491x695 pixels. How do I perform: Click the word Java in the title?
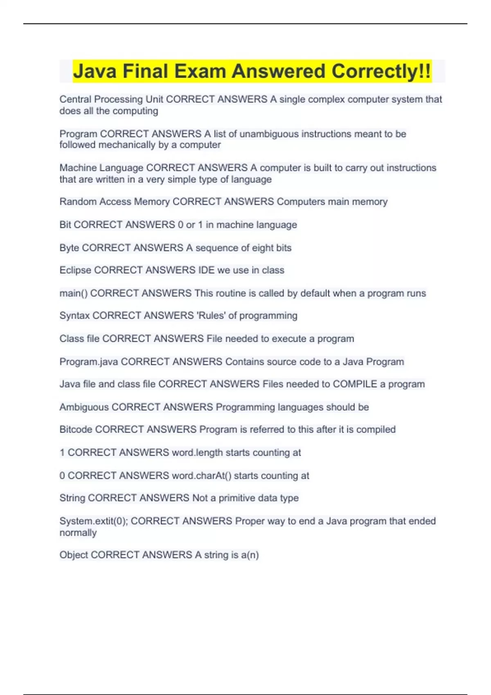point(95,71)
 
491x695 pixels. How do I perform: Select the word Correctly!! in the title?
point(381,71)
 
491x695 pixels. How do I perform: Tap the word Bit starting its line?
point(65,224)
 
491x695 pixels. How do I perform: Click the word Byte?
point(69,248)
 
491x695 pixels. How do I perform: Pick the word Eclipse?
point(75,270)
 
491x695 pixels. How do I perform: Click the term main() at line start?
point(73,293)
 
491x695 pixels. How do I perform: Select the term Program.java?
point(89,361)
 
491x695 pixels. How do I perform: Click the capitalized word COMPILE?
point(355,384)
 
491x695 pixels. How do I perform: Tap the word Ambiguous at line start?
point(84,407)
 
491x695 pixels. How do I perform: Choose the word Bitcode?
point(76,429)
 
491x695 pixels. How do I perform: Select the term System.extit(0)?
point(94,521)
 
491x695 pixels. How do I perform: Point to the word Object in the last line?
point(74,555)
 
